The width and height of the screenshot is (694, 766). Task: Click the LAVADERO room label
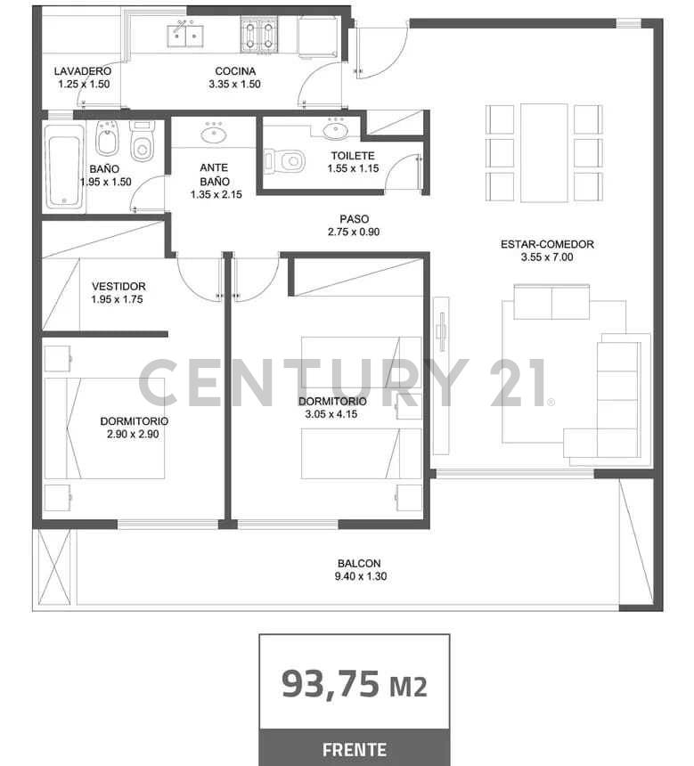coord(82,71)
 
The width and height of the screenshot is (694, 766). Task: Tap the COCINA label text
coord(235,71)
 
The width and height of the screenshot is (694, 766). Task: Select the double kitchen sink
coord(184,36)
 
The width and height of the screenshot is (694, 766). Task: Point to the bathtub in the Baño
coord(64,167)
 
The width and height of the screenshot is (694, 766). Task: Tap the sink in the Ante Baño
coord(213,134)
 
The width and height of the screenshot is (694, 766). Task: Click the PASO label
coord(354,219)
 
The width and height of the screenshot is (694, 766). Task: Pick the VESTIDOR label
coord(118,286)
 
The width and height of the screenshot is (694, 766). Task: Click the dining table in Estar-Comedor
coord(543,152)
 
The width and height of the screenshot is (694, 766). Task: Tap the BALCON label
coord(359,563)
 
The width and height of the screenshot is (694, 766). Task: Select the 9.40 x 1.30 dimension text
coord(359,576)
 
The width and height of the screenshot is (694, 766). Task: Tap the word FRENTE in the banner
coord(354,749)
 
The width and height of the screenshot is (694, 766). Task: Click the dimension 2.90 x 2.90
coord(134,435)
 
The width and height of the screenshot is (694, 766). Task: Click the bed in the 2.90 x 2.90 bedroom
coord(107,428)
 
